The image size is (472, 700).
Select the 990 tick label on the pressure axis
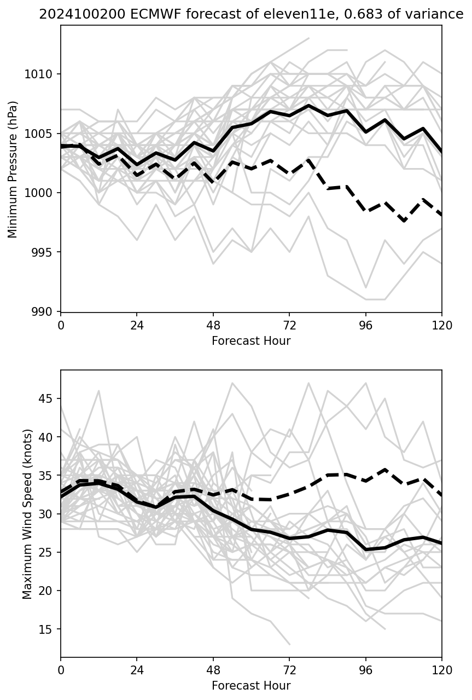[46, 312]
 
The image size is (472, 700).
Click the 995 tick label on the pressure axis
[46, 252]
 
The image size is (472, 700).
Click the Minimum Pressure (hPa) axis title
[13, 169]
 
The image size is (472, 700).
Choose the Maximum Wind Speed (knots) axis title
[27, 514]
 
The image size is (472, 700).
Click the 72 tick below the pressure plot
[289, 325]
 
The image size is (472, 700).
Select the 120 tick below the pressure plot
[442, 325]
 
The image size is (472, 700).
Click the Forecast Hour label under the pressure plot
[251, 341]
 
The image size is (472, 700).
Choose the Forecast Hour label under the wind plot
[251, 686]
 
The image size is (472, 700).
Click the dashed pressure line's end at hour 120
[441, 215]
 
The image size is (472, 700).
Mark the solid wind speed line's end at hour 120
[441, 543]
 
